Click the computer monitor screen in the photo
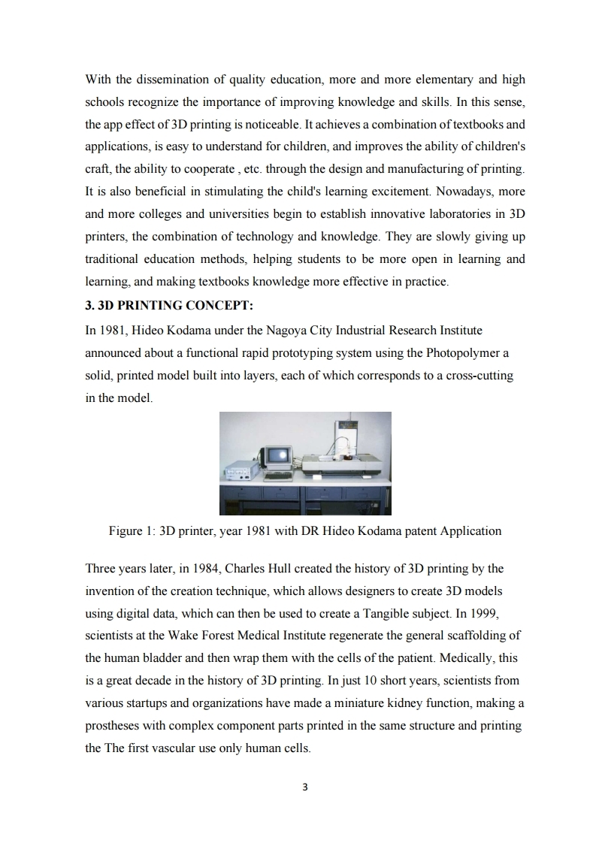tap(278, 455)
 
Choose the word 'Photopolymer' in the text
tap(461, 352)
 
